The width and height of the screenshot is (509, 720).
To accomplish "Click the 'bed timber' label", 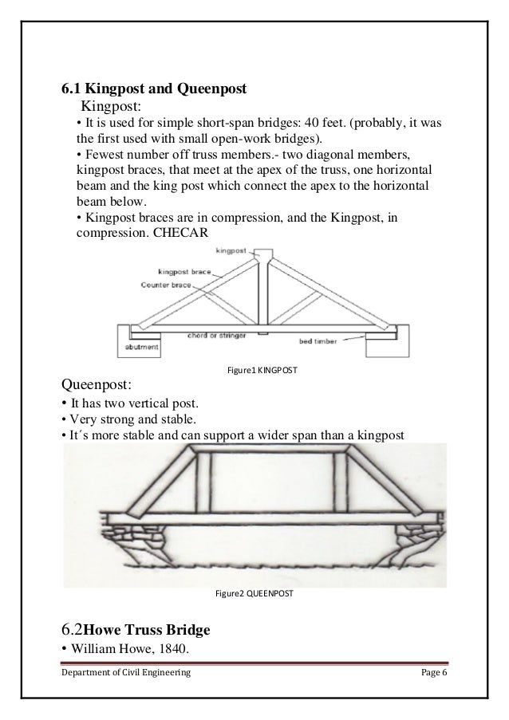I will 337,340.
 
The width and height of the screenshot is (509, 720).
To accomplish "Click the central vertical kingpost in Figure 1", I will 261,292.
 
